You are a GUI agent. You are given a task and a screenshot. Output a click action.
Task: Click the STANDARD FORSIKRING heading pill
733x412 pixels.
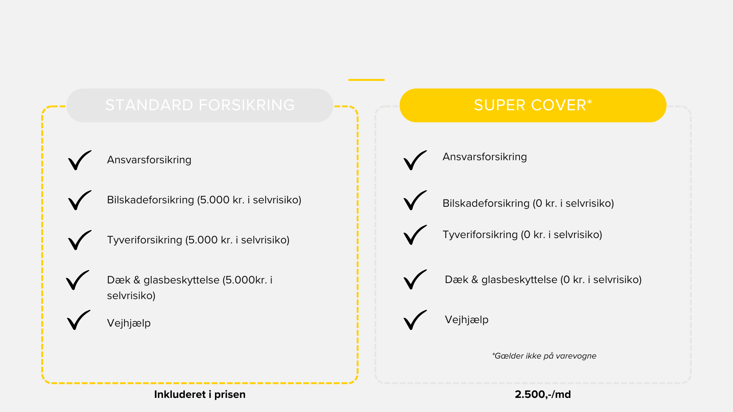point(200,105)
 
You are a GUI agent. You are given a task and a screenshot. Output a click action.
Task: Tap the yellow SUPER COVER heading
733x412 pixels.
point(533,105)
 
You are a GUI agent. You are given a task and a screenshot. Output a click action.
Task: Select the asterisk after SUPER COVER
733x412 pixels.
point(589,102)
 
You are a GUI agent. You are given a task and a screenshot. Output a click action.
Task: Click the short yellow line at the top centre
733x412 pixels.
point(366,80)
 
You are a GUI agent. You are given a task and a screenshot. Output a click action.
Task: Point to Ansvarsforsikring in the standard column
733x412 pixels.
point(149,160)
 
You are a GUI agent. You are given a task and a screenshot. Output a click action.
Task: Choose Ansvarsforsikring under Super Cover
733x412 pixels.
point(485,157)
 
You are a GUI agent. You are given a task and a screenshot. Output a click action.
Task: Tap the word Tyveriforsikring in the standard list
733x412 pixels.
point(145,240)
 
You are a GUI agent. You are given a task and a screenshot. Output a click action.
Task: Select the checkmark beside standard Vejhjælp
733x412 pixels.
point(79,320)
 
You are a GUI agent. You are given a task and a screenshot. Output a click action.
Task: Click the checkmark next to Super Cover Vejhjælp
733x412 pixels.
point(415,320)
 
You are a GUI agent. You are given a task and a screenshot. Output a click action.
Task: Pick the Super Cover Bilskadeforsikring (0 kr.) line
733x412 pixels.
point(528,203)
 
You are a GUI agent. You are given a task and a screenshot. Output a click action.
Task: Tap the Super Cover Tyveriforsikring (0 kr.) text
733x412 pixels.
point(522,235)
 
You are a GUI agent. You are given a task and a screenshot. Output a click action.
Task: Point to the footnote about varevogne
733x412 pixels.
point(544,356)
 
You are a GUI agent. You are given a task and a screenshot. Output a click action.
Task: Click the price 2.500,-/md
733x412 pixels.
point(543,394)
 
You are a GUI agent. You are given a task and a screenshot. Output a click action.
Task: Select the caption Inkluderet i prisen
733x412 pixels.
point(200,394)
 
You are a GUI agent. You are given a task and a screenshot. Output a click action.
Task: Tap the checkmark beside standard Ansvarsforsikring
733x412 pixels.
point(80,160)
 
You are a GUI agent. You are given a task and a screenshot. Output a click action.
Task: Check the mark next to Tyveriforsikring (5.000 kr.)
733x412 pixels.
point(80,240)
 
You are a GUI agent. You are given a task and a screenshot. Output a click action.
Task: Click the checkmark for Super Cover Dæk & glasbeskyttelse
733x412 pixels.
point(415,280)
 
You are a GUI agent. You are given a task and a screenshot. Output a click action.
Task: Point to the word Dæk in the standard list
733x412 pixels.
point(119,280)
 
